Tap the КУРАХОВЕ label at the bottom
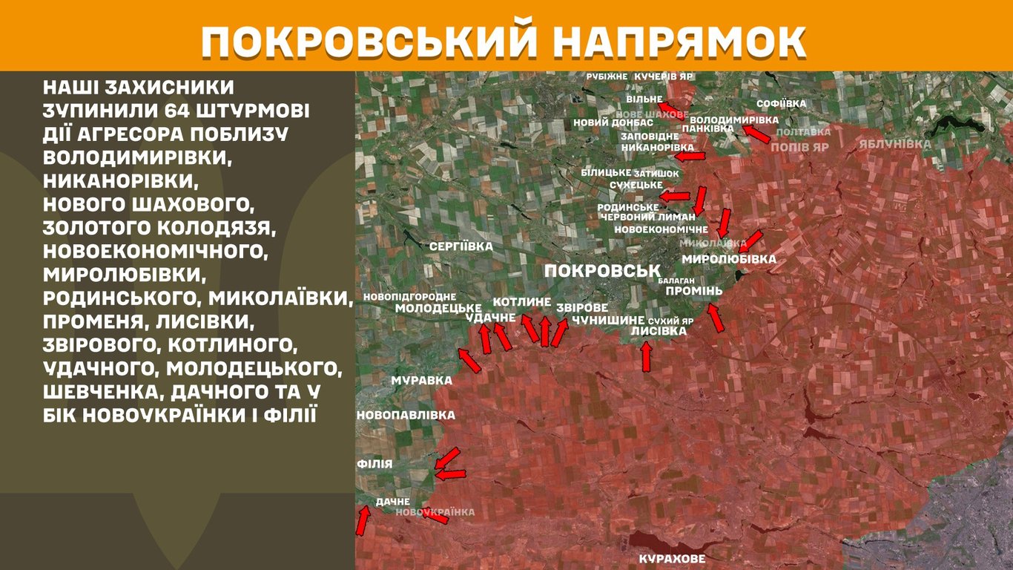(672, 559)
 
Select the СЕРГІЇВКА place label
(461, 246)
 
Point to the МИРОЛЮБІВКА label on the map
(728, 259)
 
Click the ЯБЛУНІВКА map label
(895, 144)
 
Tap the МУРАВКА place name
(421, 380)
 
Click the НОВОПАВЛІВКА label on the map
(406, 415)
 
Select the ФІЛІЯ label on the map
(374, 464)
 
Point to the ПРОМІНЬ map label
(693, 291)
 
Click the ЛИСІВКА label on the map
(663, 331)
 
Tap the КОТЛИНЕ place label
(521, 302)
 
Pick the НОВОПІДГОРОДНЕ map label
(409, 297)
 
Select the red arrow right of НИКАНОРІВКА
(690, 157)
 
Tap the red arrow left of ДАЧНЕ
(362, 520)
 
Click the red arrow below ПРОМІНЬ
(715, 318)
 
